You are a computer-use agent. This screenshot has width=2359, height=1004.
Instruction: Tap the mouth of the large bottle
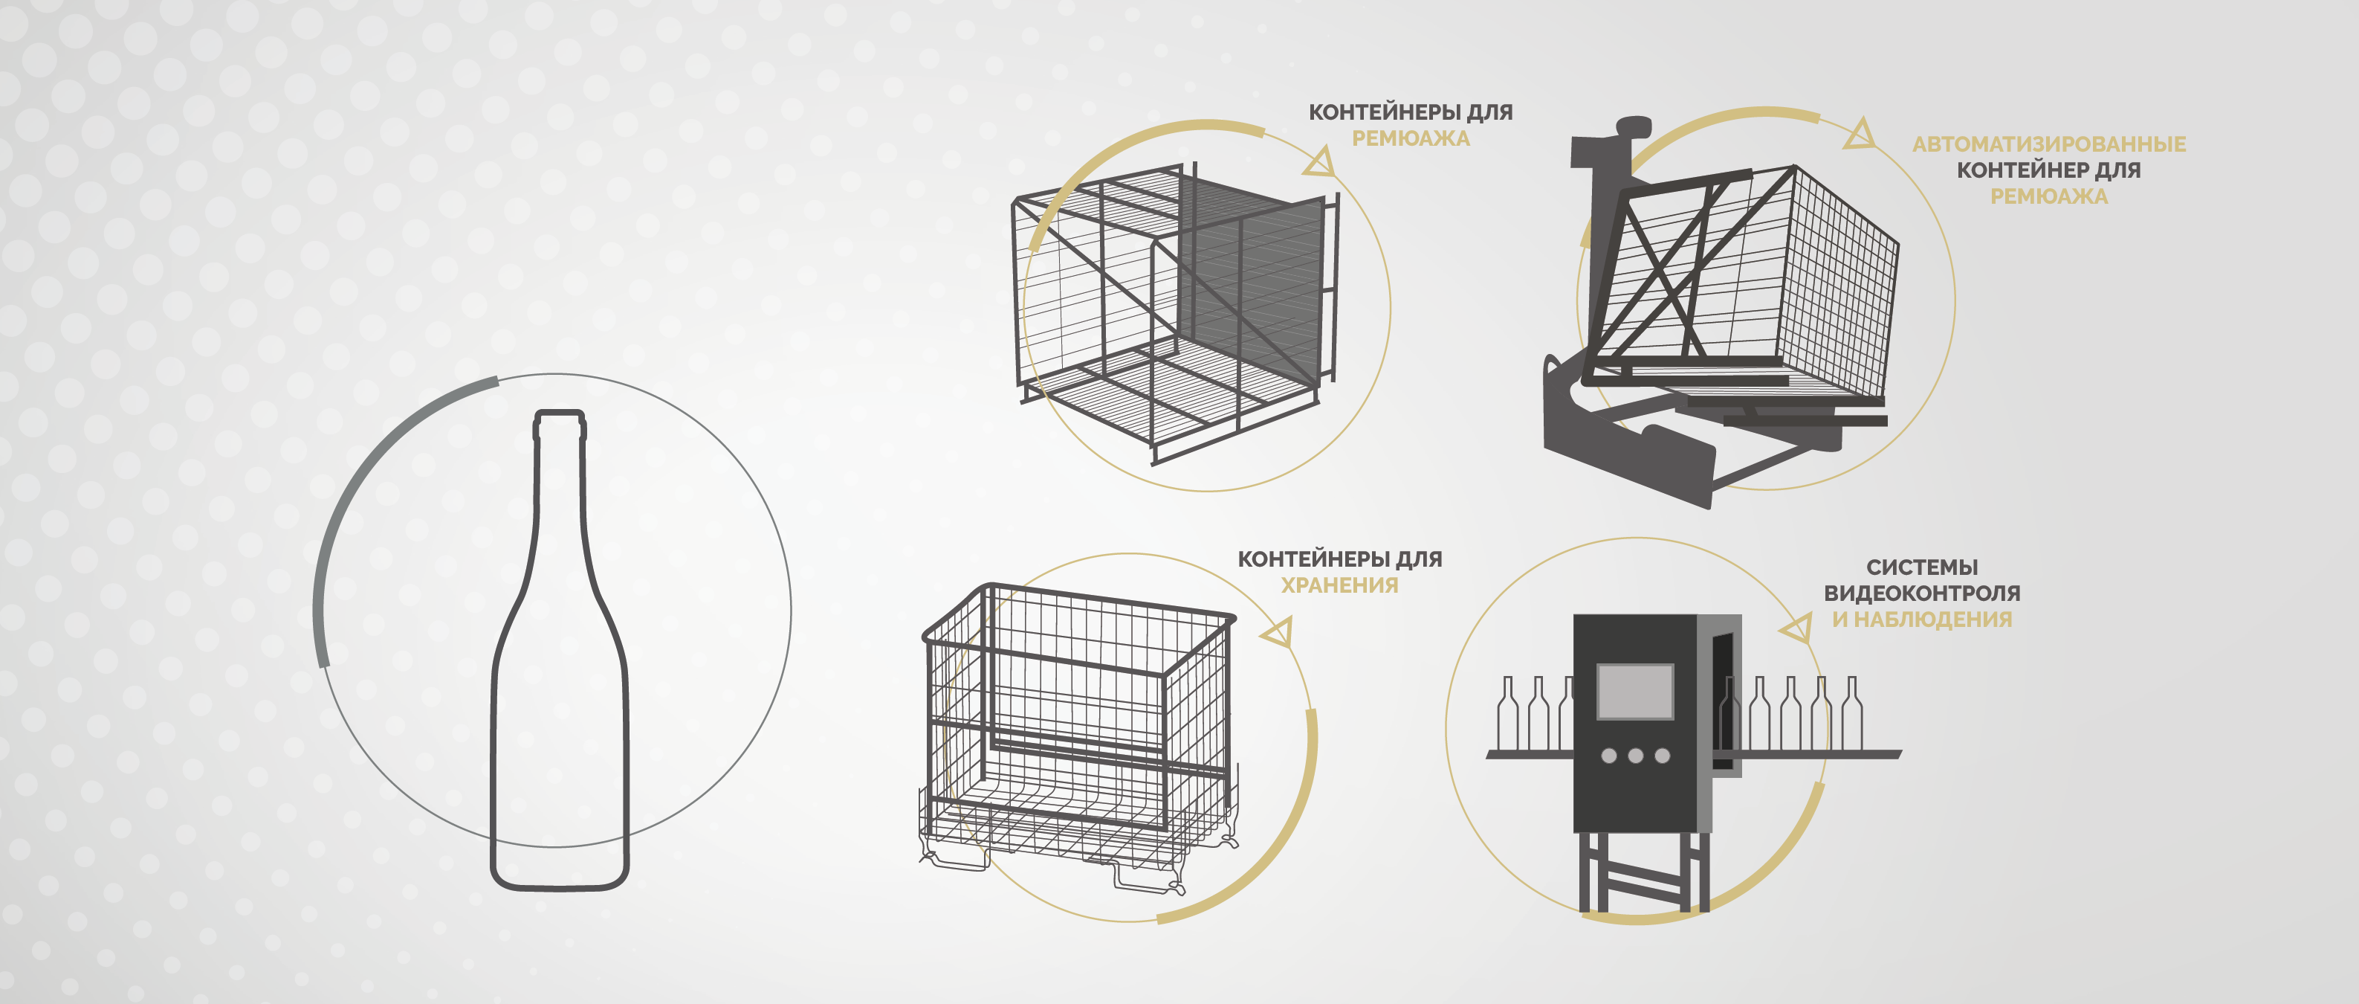[560, 414]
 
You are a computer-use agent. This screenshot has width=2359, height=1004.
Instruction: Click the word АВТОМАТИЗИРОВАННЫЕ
[2048, 144]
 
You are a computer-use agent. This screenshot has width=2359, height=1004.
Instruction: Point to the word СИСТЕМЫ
[1921, 567]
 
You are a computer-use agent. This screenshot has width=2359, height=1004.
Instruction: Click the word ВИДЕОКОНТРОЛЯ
[1921, 593]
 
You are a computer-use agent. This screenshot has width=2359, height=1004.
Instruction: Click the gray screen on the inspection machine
[1634, 692]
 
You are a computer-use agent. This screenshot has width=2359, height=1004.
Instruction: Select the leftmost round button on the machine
[1608, 756]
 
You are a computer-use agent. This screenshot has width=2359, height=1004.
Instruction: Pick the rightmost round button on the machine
[1662, 756]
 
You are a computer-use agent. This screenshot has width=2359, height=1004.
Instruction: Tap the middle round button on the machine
[1636, 756]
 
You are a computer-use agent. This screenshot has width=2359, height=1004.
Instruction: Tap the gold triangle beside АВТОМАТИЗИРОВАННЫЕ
[1859, 134]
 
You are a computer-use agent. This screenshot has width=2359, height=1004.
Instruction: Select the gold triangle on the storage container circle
[1278, 632]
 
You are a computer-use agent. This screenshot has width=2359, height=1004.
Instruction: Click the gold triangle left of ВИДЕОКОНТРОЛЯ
[1796, 628]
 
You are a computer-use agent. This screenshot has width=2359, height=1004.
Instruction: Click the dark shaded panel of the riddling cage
[1250, 284]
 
